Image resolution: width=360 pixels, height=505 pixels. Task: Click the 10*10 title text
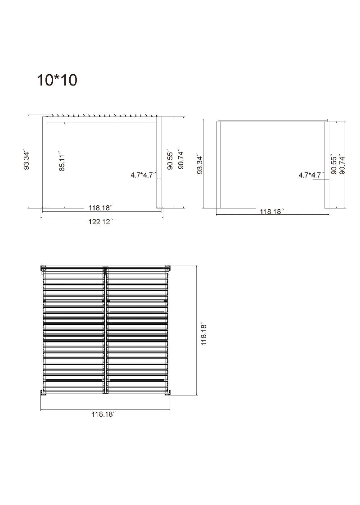coord(57,80)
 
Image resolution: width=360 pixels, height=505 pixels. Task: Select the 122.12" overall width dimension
coord(100,221)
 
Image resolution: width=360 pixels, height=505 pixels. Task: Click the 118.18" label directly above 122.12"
coord(100,208)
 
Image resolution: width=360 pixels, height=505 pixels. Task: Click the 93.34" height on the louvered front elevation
coord(27,160)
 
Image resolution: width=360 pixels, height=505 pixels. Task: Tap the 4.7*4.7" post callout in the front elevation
coord(144,175)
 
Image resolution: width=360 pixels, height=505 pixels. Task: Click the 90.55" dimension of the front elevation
coord(170,160)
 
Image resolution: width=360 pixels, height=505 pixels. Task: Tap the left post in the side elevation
coord(219,164)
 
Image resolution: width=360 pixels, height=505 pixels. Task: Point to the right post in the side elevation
coord(327,164)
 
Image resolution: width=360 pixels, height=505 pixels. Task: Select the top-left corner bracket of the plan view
coord(44,268)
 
